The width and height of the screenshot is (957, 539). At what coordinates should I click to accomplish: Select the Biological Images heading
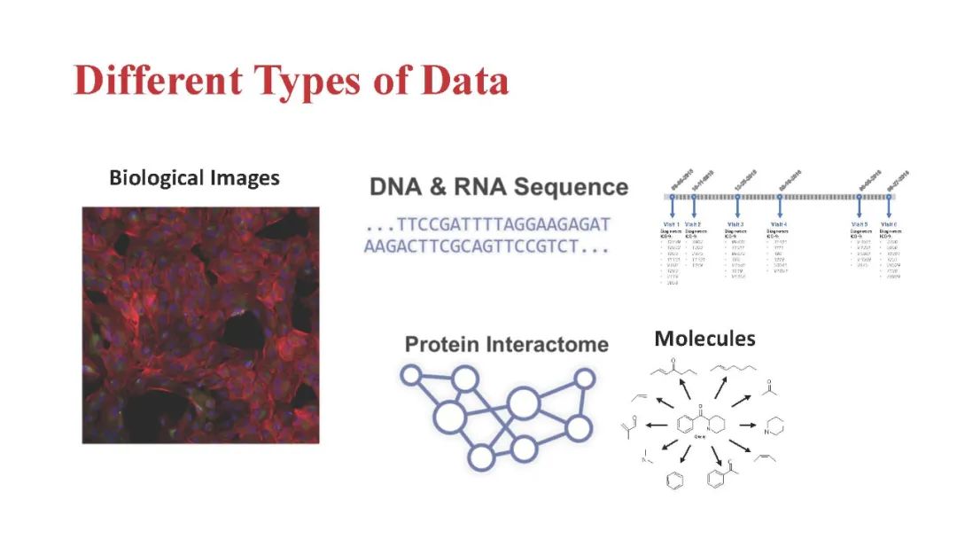pos(194,178)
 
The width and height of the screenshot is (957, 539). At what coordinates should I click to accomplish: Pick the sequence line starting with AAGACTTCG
pos(486,247)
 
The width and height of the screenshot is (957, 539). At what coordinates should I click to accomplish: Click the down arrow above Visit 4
pos(780,207)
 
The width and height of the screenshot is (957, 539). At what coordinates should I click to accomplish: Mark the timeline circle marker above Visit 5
pos(860,197)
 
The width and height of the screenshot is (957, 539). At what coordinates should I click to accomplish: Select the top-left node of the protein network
pos(410,375)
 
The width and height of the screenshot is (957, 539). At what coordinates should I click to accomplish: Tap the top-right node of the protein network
pos(584,379)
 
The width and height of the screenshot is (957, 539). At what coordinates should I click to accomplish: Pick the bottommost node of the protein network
pos(480,457)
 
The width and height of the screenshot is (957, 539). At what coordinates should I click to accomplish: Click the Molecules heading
pos(704,339)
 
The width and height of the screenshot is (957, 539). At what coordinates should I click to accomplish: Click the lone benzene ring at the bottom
pos(674,480)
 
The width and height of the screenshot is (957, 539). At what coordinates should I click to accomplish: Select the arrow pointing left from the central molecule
pos(657,425)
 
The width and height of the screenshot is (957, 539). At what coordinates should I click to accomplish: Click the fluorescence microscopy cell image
pos(200,324)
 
